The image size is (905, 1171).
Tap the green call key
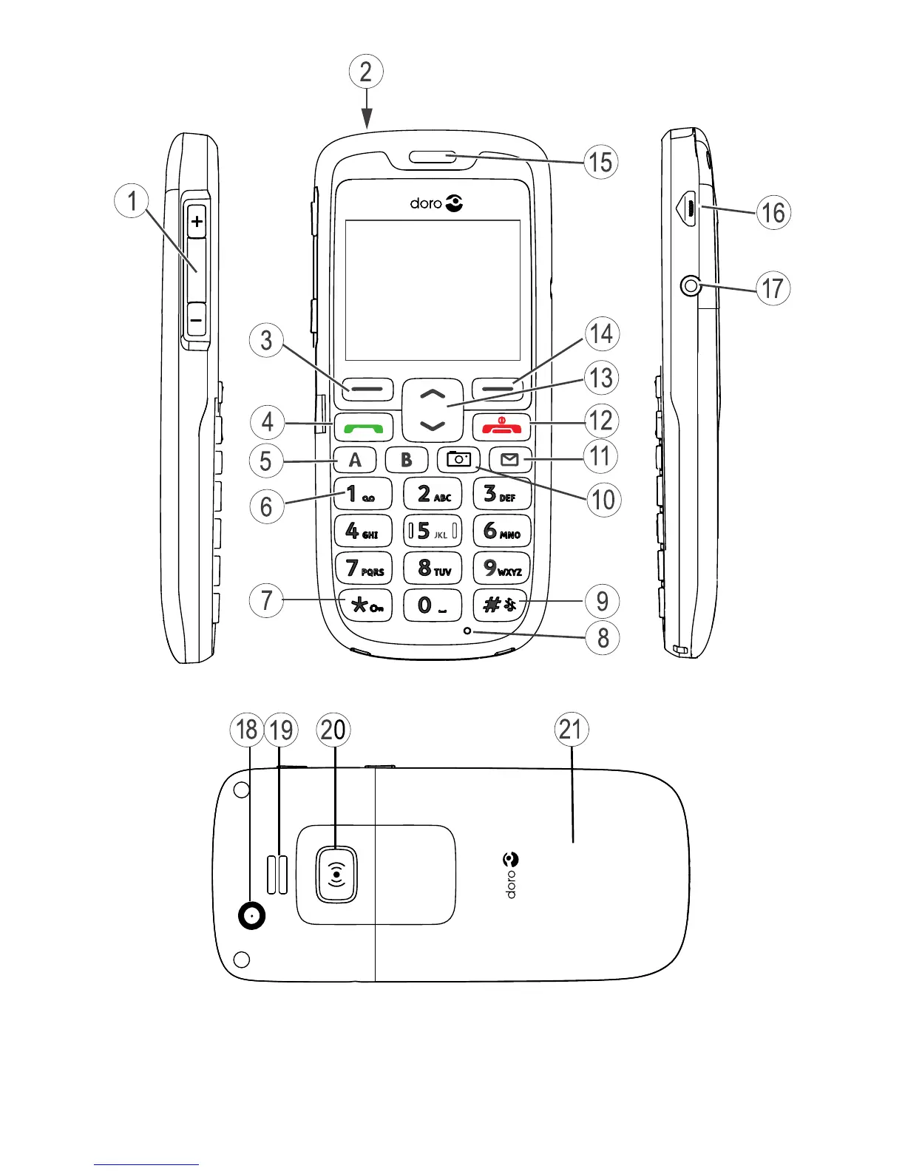(363, 427)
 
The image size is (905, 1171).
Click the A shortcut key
(355, 460)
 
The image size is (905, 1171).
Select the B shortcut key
(406, 460)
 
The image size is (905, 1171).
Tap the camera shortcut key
(458, 460)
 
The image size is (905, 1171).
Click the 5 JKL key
(432, 531)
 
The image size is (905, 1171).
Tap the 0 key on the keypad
(432, 605)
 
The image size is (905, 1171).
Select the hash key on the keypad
(501, 605)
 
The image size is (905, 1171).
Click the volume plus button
(197, 221)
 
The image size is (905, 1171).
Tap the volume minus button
(197, 322)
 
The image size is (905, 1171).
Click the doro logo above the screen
(436, 203)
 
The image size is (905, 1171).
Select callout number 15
(600, 162)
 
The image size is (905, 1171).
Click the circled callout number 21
(571, 730)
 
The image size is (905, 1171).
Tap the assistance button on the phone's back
(336, 875)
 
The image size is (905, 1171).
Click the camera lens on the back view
(252, 917)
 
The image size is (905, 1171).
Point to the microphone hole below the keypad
(467, 631)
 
